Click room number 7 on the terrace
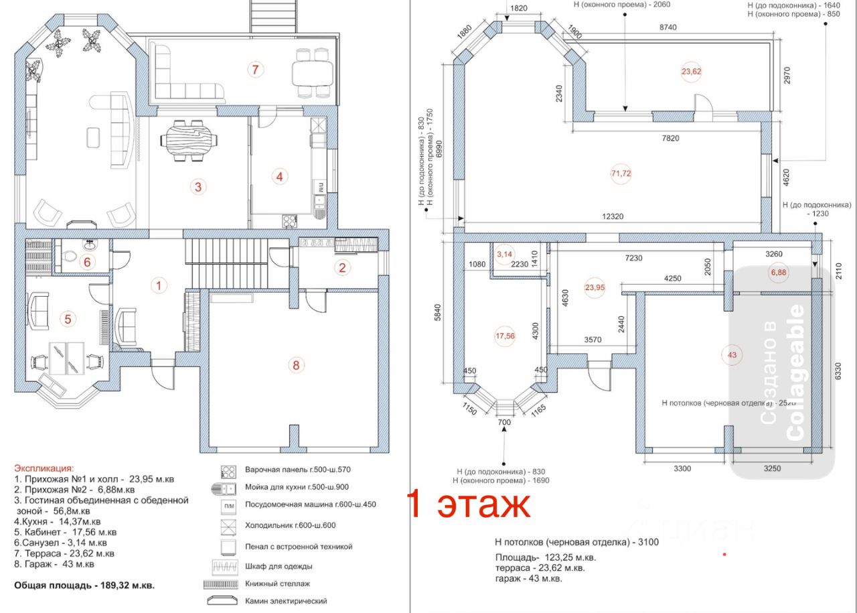254,68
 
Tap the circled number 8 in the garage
296,365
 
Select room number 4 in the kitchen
279,177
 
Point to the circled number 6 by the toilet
86,262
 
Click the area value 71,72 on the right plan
621,174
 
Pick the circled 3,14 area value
504,254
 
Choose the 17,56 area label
505,336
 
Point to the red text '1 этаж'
469,504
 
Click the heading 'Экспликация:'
45,468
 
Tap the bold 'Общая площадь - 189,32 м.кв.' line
84,585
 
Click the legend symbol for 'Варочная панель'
228,470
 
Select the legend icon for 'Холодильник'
228,525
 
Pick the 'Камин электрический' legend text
286,602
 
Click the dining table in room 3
189,140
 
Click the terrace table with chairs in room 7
312,72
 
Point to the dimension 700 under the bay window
504,423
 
